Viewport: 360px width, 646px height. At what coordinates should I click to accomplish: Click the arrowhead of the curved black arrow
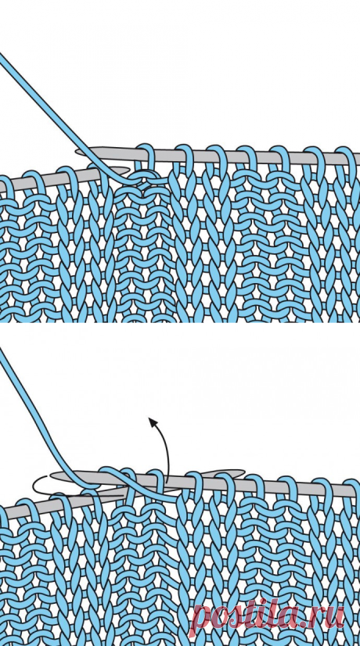pos(152,421)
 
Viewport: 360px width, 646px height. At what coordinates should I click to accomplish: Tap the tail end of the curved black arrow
pos(167,482)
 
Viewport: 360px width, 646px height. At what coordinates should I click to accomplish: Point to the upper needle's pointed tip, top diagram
pos(79,153)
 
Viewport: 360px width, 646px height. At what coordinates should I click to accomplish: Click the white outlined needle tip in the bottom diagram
pos(37,486)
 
